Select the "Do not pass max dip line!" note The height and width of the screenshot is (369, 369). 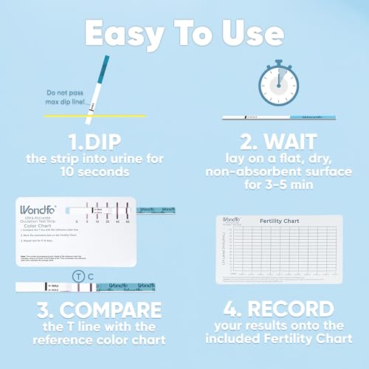click(60, 97)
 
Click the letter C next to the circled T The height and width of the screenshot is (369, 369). click(90, 275)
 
